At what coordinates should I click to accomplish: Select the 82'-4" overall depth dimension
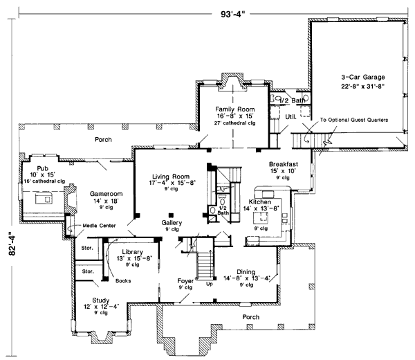click(x=7, y=244)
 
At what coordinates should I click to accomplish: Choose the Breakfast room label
click(x=284, y=164)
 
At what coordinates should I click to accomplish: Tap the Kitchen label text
click(x=261, y=201)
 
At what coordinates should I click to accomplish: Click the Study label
click(x=91, y=299)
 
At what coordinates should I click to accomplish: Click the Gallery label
click(x=172, y=222)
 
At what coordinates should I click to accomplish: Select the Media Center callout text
click(x=100, y=225)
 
